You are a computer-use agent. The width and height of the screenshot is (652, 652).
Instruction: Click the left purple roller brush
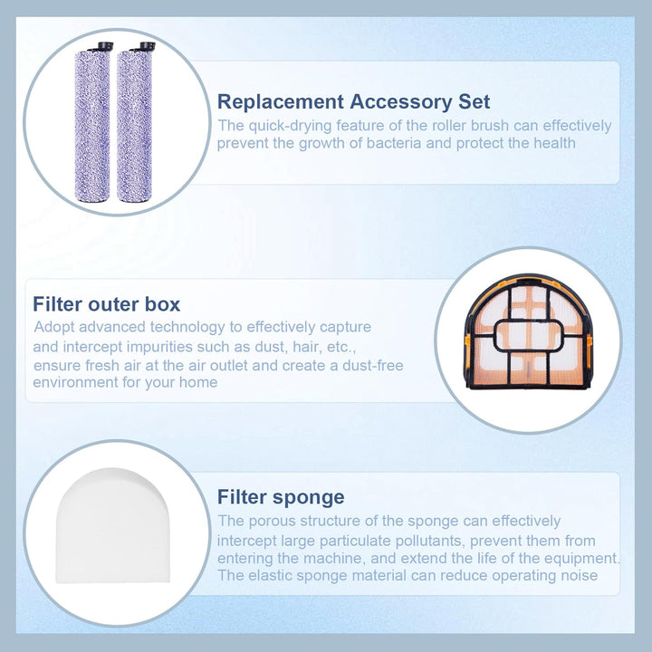pos(92,125)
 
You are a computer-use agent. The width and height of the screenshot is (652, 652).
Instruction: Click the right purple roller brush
pos(134,125)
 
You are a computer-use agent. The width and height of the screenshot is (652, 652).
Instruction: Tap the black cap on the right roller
pos(148,45)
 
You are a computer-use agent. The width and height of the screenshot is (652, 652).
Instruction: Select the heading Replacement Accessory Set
pos(353,101)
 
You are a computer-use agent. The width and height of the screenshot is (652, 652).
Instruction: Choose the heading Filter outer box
pos(107,304)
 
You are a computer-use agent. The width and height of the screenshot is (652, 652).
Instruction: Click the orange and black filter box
pos(528,331)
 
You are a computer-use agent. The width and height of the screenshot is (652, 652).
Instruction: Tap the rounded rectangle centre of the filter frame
pos(528,336)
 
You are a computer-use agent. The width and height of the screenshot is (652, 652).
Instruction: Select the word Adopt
pos(54,327)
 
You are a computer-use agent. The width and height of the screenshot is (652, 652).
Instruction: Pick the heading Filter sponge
pos(281,497)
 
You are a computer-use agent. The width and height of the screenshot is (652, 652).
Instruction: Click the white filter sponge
pos(113,525)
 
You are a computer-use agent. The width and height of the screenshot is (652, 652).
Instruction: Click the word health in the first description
pos(555,143)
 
